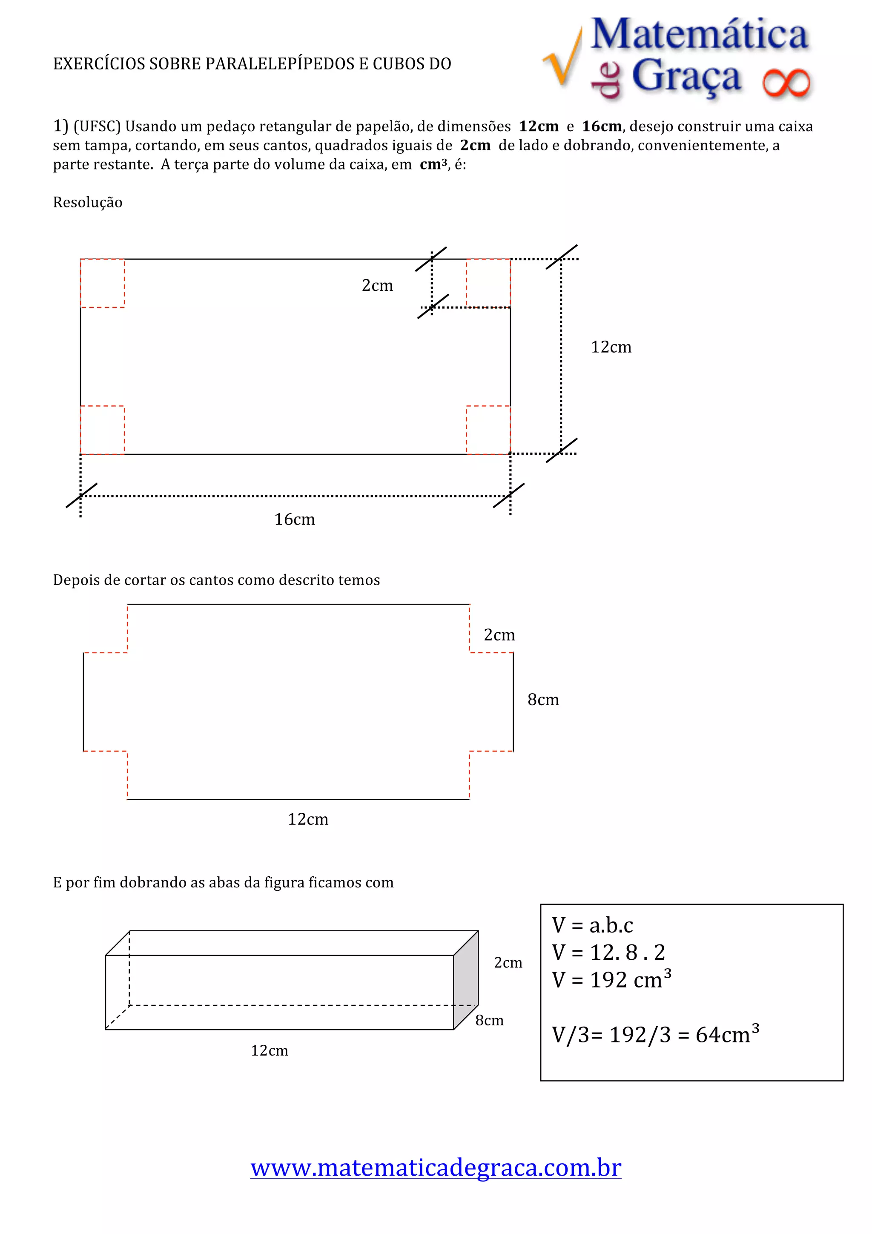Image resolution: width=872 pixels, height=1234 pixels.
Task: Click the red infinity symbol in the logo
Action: (786, 84)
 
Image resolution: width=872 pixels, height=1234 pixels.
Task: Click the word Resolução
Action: (88, 203)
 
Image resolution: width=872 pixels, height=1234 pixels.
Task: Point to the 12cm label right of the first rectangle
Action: (611, 347)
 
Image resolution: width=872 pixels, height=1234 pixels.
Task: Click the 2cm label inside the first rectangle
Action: (377, 285)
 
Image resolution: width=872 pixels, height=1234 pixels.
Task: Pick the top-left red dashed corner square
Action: (102, 283)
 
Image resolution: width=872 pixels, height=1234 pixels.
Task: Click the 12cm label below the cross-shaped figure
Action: (308, 819)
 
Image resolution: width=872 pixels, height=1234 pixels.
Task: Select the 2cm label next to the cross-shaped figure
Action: (499, 635)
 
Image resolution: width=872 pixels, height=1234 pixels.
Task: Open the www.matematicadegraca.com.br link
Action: (436, 1167)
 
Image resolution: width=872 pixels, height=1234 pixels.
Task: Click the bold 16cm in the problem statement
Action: (602, 127)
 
